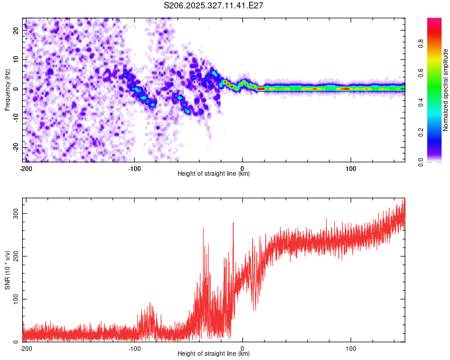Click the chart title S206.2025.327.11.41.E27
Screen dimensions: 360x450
pos(214,5)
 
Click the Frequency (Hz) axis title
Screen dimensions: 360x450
pos(8,90)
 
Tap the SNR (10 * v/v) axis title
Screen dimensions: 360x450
pos(8,270)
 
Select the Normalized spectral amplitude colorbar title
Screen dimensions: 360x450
pos(446,90)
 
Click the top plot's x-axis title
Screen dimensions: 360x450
pos(214,173)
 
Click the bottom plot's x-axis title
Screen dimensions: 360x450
pos(214,353)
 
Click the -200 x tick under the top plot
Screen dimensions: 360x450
pos(25,168)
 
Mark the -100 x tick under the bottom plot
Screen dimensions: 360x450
pos(134,348)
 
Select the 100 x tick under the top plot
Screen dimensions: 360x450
pos(350,168)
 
